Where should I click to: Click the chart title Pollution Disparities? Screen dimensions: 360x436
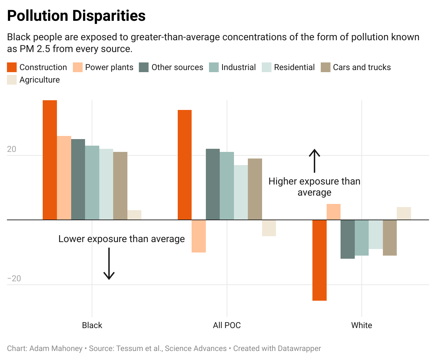pos(76,16)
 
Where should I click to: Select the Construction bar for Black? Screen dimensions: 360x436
pos(50,160)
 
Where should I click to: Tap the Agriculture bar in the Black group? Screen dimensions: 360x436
pos(134,215)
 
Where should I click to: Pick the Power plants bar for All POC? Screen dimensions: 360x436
pos(199,236)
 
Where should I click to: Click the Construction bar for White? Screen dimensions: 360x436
pos(319,260)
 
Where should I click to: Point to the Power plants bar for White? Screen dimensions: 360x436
pos(334,212)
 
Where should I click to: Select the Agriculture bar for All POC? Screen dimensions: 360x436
pos(269,228)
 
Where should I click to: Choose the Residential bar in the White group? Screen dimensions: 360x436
pos(376,234)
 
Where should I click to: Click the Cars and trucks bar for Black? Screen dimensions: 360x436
pos(120,186)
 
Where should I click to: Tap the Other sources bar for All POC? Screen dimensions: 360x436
pos(213,184)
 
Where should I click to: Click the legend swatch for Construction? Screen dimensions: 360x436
pos(12,67)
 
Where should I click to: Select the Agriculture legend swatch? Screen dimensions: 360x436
pos(12,80)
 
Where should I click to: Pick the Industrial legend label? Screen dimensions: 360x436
pos(238,67)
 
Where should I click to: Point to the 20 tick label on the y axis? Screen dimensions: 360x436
pos(11,149)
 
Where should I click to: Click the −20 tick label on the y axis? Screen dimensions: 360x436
pos(14,278)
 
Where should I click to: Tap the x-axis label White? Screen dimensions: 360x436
pos(361,325)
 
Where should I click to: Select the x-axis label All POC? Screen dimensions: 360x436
pos(227,325)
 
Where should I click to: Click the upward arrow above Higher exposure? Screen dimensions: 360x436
pos(315,161)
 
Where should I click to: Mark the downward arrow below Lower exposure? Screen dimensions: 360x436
pos(109,264)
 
